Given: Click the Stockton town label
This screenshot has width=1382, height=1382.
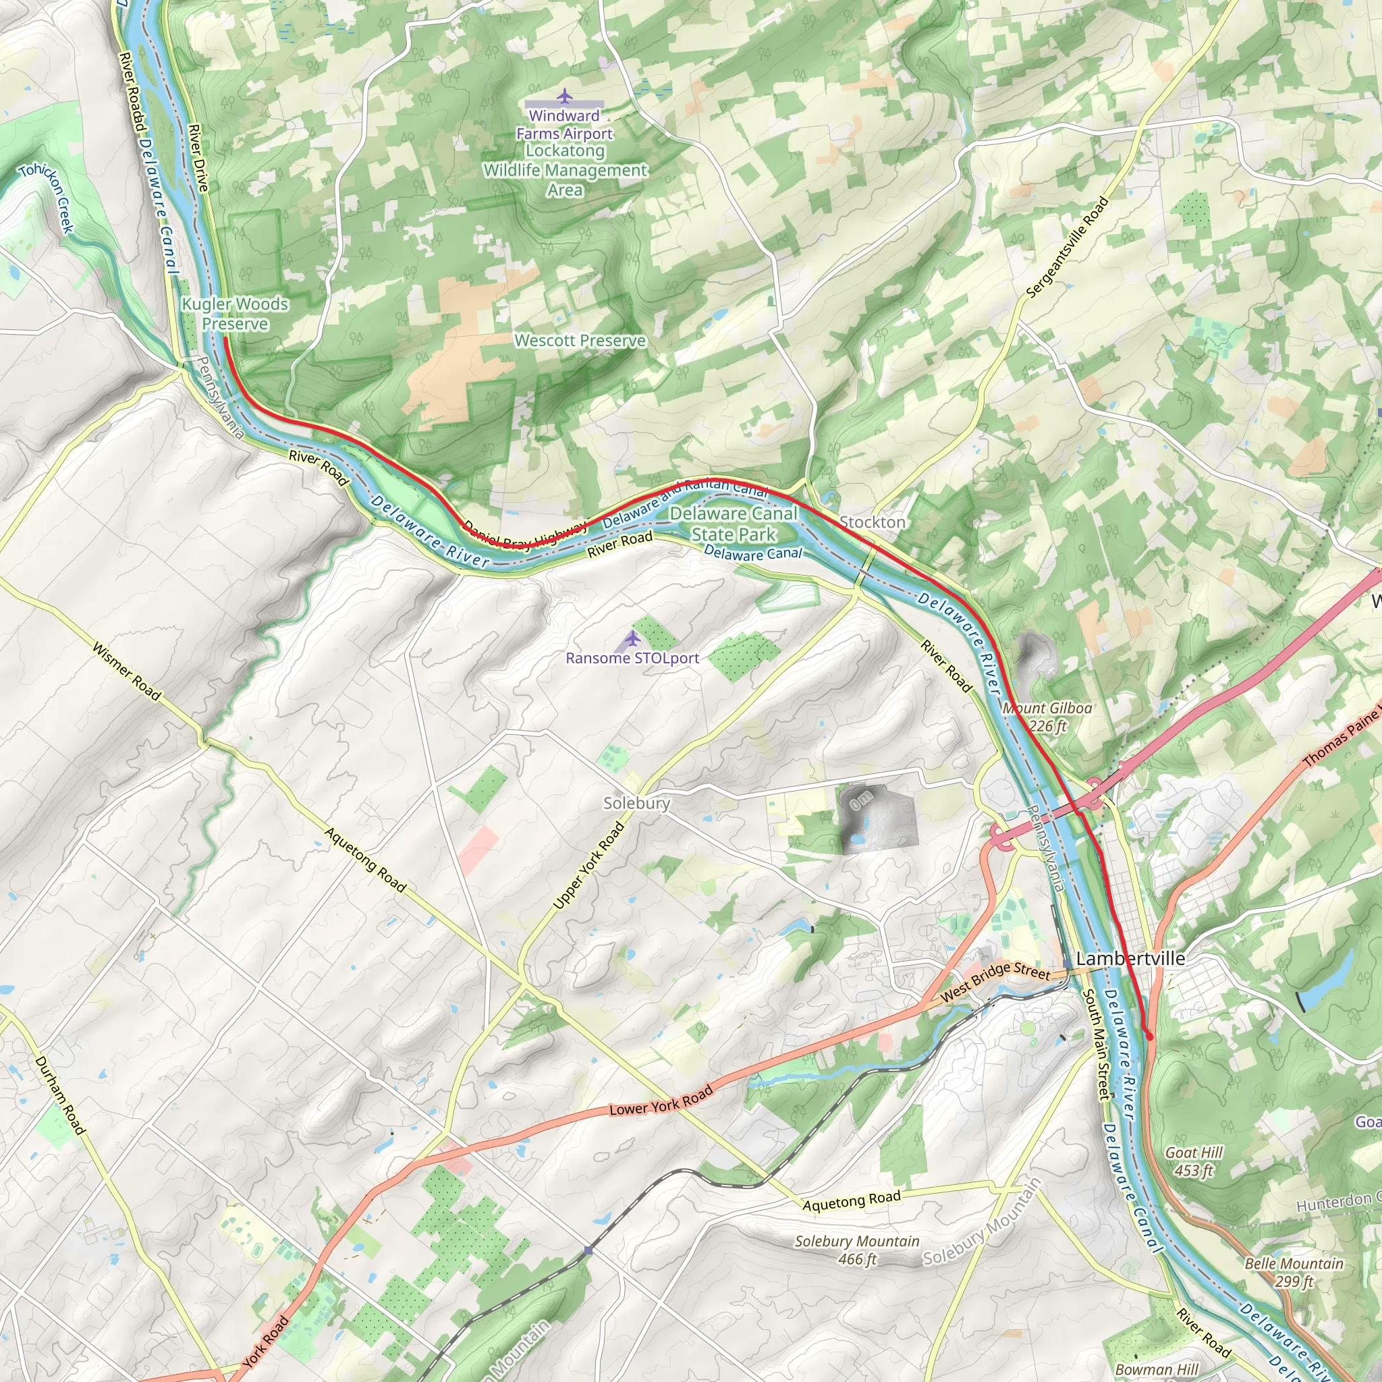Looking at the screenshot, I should pos(872,522).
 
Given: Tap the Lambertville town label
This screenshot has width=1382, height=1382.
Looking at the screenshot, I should pos(1130,958).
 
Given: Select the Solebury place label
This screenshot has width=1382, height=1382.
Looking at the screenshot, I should pos(636,803).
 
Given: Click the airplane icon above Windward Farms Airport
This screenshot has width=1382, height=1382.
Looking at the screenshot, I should pos(565,95).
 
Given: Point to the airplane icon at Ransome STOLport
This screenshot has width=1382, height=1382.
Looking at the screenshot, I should pos(632,637).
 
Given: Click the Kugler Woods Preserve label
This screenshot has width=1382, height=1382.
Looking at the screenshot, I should pos(235,314).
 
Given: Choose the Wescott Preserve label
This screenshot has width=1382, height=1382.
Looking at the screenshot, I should pos(580,341).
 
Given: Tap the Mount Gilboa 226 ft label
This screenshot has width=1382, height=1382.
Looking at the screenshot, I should pos(1047,717).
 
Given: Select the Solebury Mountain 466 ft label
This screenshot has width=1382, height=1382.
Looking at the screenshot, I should pos(857,1250).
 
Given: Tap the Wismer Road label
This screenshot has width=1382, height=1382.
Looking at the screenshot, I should pos(127,670).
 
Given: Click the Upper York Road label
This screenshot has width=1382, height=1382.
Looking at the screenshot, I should pos(588,866).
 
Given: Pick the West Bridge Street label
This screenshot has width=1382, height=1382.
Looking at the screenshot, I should pos(995,981).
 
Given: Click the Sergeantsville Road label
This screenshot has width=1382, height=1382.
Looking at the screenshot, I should pos(1067,247).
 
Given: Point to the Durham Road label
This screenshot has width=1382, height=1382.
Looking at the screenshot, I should pos(60,1095).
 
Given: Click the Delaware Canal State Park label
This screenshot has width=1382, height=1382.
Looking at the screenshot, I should pos(734,524).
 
